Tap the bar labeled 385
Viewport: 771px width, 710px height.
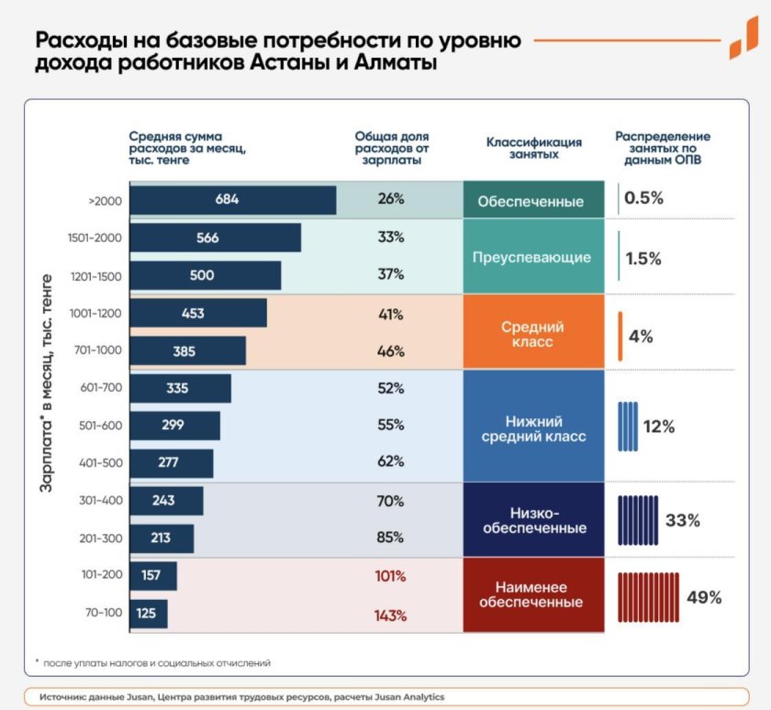point(187,350)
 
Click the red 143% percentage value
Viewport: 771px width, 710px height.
point(389,615)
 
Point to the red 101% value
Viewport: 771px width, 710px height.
point(389,577)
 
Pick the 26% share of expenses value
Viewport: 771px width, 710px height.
point(390,199)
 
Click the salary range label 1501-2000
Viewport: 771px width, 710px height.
point(95,238)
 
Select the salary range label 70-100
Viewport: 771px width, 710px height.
point(101,615)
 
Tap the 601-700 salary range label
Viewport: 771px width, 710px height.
point(101,388)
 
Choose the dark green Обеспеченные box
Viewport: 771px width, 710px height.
point(533,201)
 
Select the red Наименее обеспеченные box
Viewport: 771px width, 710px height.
point(533,594)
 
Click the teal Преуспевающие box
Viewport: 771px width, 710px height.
point(533,257)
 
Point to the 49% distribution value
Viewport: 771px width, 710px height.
point(704,597)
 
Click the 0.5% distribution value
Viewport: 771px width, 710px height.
point(643,198)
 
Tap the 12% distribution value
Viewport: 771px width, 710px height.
point(658,427)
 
